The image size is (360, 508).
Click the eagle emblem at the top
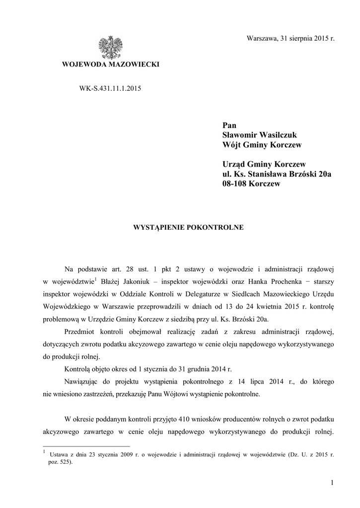[x=110, y=48]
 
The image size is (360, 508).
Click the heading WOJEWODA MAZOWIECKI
[x=110, y=65]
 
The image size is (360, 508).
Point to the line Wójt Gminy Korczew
[x=262, y=145]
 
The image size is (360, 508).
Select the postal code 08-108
[x=235, y=184]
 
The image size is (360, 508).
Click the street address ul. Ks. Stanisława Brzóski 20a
[x=277, y=174]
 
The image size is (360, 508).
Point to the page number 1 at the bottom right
[x=332, y=482]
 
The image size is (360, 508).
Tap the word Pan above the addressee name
[x=229, y=125]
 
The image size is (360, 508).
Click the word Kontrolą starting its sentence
[x=78, y=370]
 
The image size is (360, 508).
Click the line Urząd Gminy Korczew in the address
[x=263, y=164]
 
